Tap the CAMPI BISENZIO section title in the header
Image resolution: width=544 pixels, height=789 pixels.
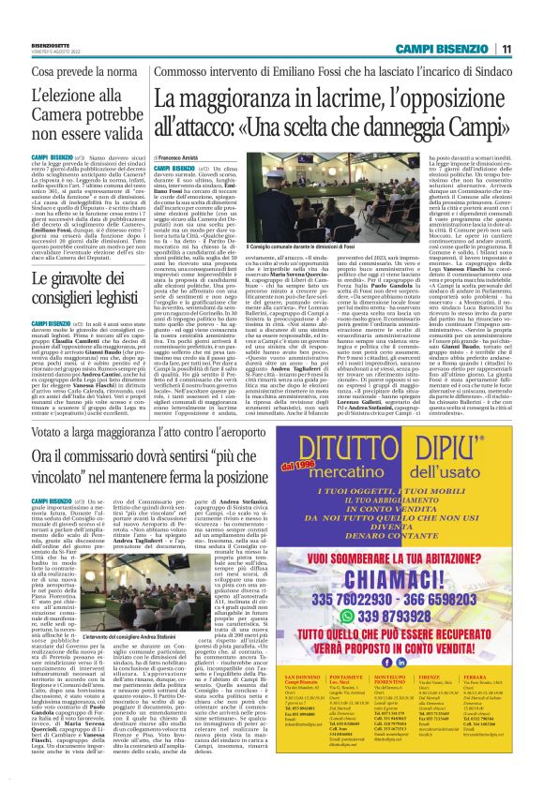446,49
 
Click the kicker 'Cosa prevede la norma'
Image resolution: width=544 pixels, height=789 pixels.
79,72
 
